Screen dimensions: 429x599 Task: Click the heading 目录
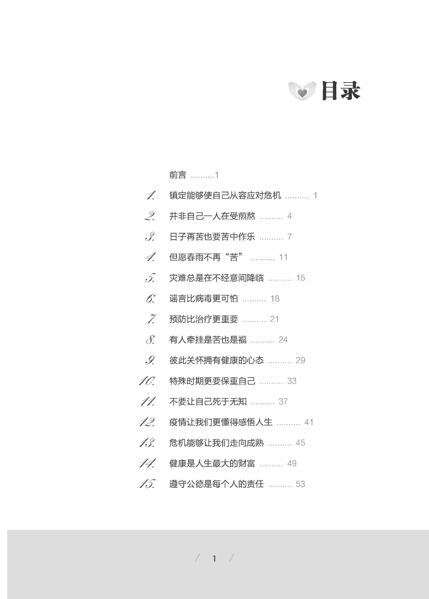point(341,91)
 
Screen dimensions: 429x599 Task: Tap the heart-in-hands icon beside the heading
point(302,91)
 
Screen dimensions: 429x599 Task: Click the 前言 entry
point(178,175)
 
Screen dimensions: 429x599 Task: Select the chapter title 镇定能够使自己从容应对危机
point(225,195)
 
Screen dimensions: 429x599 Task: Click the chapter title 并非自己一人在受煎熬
point(212,216)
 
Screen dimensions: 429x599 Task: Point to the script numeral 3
point(150,237)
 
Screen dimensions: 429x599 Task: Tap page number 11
point(283,257)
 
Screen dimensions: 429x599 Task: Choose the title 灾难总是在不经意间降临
point(217,278)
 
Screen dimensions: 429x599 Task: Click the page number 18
point(275,298)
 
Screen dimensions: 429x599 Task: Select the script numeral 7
point(151,319)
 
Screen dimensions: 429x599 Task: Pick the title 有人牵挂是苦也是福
point(208,340)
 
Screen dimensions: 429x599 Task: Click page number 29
point(300,360)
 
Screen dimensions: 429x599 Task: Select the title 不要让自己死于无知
point(208,402)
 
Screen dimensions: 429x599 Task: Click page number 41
point(309,422)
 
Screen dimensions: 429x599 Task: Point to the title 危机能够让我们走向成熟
point(217,443)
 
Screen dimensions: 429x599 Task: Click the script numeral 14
point(147,463)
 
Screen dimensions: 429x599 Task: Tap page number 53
point(300,484)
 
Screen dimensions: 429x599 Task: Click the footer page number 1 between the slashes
point(214,558)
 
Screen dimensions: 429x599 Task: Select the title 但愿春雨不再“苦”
point(206,257)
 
